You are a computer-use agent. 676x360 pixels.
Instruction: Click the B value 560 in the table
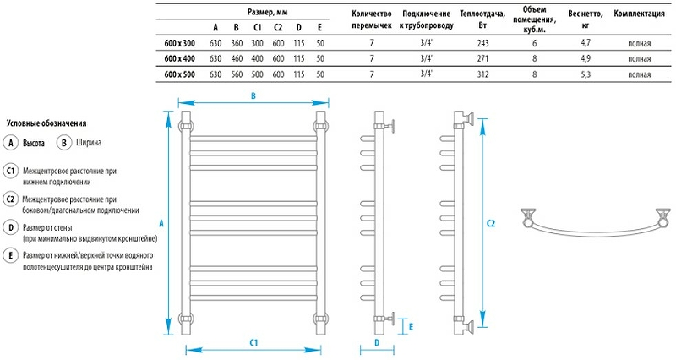click(x=237, y=74)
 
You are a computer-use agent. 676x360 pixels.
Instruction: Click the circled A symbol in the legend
click(x=10, y=144)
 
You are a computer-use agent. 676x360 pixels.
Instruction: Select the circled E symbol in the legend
click(x=10, y=254)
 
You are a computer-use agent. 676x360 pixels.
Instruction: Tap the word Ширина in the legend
click(x=90, y=144)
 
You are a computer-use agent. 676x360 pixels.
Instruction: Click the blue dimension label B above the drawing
click(x=253, y=95)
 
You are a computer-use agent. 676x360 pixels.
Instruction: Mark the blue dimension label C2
click(x=491, y=223)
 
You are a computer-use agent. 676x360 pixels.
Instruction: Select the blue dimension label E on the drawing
click(x=411, y=325)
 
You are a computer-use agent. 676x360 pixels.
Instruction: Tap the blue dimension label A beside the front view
click(x=161, y=223)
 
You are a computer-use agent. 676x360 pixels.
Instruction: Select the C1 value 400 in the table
click(x=257, y=57)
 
